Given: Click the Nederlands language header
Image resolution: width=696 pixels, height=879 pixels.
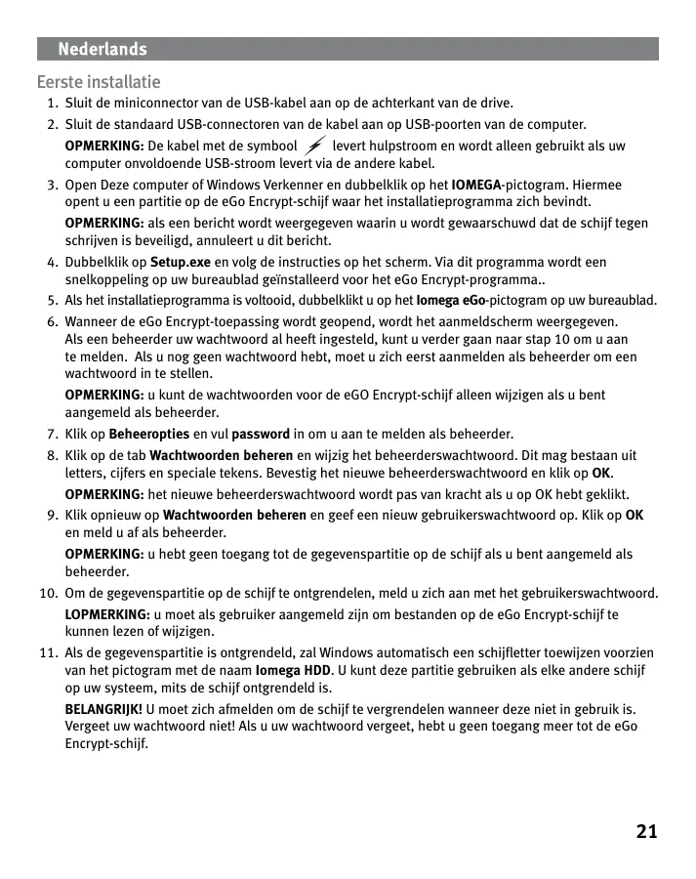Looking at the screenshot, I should coord(102,49).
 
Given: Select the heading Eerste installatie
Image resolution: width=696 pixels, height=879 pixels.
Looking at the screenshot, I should coord(99,82).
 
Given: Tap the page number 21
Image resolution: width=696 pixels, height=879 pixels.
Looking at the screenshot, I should coord(646,832).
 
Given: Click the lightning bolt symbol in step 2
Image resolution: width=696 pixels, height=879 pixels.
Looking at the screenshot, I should coord(314,146).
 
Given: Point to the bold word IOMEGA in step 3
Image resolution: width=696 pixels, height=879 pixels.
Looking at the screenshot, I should coord(476,185).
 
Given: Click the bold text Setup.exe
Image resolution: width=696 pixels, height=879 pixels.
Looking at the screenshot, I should coord(181,263).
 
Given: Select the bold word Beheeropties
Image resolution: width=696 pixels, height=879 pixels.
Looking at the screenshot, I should coord(149,434).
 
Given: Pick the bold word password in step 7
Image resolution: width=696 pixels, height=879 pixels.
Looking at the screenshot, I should coord(261,434).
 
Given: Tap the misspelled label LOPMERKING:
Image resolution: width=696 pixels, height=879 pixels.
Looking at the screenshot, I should coord(107,614).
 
